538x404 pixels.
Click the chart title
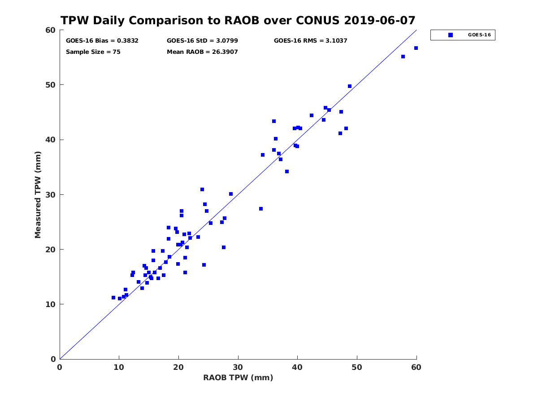pos(238,21)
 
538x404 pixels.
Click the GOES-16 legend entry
pos(463,35)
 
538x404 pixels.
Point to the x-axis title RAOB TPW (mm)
pos(238,378)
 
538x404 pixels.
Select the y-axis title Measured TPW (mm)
pos(38,194)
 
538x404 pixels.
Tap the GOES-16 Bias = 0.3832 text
pos(102,41)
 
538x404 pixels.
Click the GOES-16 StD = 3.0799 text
pos(202,41)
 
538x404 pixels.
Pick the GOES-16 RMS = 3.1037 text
pos(311,41)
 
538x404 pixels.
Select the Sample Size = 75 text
pos(93,52)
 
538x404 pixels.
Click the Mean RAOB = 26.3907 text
pos(202,52)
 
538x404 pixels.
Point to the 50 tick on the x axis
pos(357,368)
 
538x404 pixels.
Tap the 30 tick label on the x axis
pos(238,368)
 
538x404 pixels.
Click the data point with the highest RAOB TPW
pos(416,48)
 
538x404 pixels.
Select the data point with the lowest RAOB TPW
pos(113,298)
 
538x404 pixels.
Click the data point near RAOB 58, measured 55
pos(403,57)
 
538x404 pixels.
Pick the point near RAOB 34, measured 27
pos(261,209)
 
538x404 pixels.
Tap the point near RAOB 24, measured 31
pos(202,189)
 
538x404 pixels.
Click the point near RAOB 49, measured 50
pos(350,86)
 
